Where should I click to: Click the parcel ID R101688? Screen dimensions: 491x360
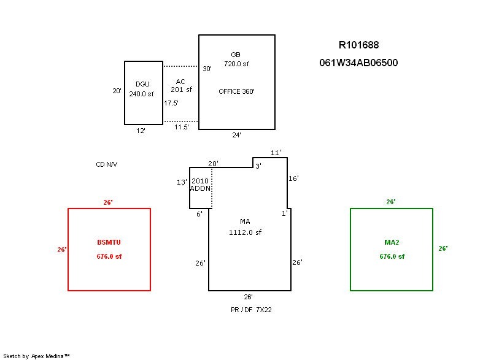[358, 45]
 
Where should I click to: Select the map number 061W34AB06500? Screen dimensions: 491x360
[358, 63]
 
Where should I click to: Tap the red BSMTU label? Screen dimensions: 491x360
[109, 242]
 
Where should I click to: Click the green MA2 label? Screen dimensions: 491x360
[392, 242]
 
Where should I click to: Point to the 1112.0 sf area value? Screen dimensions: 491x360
[245, 232]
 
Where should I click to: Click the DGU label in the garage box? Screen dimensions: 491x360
[142, 84]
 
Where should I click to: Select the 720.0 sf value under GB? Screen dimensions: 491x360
[236, 64]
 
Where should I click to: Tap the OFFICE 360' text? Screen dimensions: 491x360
[236, 91]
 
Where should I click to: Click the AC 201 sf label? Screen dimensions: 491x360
[181, 86]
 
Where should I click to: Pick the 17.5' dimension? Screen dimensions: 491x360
[171, 103]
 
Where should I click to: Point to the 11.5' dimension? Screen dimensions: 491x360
[181, 127]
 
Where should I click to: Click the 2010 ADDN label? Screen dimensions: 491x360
[201, 185]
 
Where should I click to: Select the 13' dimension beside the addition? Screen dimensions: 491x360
[182, 182]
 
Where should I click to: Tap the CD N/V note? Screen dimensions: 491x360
[106, 164]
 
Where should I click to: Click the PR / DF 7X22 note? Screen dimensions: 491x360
[251, 310]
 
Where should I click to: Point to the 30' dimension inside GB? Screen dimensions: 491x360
[207, 69]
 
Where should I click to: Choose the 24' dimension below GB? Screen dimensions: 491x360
[236, 135]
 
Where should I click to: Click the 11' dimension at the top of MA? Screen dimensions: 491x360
[276, 153]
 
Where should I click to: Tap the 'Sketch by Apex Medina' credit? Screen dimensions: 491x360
[36, 356]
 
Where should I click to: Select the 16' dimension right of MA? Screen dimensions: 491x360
[293, 178]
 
